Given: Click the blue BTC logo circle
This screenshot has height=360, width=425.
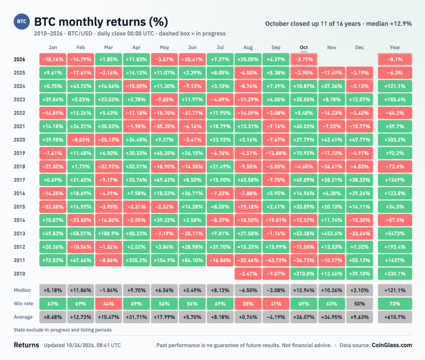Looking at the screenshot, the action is [x=22, y=21].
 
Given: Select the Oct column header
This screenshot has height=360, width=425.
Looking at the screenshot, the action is [x=304, y=47].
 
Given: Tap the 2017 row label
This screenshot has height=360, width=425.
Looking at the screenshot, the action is [x=19, y=180].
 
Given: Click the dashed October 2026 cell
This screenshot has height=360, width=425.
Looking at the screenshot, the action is [x=304, y=59].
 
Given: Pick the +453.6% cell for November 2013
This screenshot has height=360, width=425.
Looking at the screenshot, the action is [x=331, y=233].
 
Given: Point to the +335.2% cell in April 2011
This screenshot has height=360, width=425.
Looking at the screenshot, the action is [x=136, y=260].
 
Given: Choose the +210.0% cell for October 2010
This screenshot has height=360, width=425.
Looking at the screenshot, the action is [x=304, y=274].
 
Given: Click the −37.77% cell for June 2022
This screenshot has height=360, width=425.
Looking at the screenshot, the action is [x=192, y=113].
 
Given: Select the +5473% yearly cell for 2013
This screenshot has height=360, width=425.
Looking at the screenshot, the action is [x=395, y=233].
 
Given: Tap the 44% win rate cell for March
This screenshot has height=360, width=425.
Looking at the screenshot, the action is [x=108, y=304].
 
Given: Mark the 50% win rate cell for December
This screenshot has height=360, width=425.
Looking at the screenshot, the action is [x=359, y=304].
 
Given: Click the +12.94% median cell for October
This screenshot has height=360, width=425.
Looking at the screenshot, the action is [x=304, y=290].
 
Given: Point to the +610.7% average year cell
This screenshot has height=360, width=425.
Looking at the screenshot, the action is [x=395, y=317].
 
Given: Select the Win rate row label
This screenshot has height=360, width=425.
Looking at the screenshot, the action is [x=23, y=304].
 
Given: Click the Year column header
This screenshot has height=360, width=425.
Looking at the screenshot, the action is [x=395, y=47].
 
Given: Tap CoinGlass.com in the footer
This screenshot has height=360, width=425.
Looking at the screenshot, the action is [x=392, y=345].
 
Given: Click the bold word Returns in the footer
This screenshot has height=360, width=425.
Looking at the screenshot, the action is [x=26, y=345].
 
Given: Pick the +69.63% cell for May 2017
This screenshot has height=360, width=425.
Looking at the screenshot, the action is [x=164, y=180].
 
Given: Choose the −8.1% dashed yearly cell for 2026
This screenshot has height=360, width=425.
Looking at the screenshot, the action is [x=395, y=59].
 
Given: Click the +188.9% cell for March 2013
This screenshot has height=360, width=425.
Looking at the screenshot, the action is [x=108, y=233].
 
